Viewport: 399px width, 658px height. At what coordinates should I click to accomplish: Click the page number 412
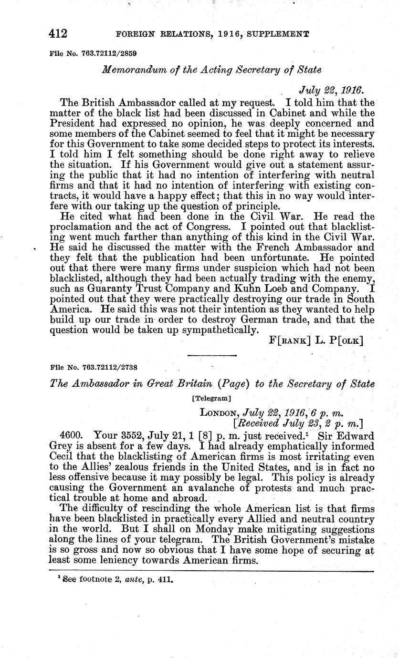[x=58, y=34]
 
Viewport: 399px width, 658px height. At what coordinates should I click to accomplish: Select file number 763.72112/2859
[x=109, y=52]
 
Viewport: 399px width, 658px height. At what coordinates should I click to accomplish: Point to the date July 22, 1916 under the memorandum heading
[x=331, y=91]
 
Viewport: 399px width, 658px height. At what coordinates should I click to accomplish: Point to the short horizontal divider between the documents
[x=212, y=356]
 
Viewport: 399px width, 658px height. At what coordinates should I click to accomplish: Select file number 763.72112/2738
[x=109, y=368]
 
